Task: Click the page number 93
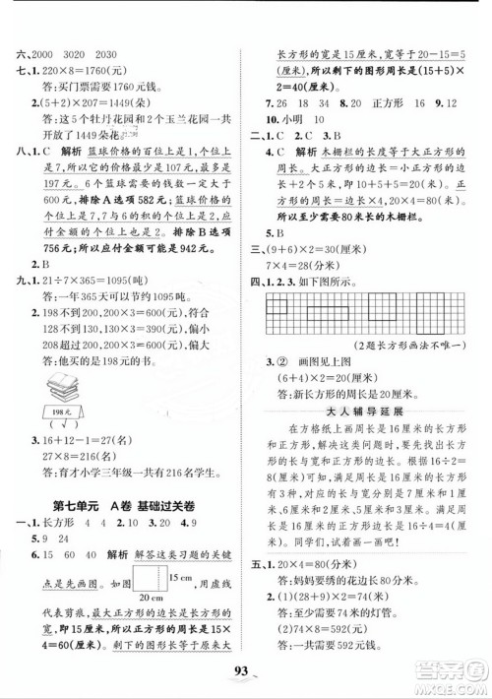247,676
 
